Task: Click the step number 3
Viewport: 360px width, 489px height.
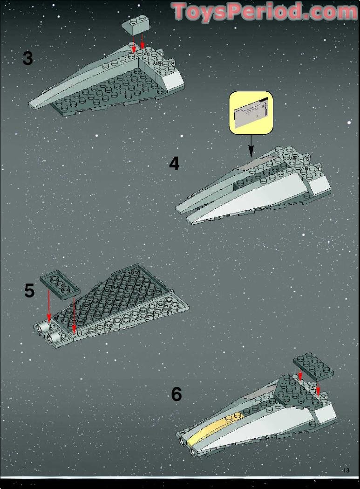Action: click(27, 59)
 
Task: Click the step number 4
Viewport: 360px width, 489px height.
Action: click(174, 164)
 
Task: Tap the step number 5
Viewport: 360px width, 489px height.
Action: click(29, 291)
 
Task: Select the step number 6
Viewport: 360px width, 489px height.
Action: click(177, 394)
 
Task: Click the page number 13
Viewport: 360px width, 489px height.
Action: click(346, 470)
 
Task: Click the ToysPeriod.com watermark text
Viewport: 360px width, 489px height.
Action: click(264, 12)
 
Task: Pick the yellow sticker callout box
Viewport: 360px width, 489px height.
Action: click(251, 113)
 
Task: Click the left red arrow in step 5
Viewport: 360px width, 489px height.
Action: click(49, 306)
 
